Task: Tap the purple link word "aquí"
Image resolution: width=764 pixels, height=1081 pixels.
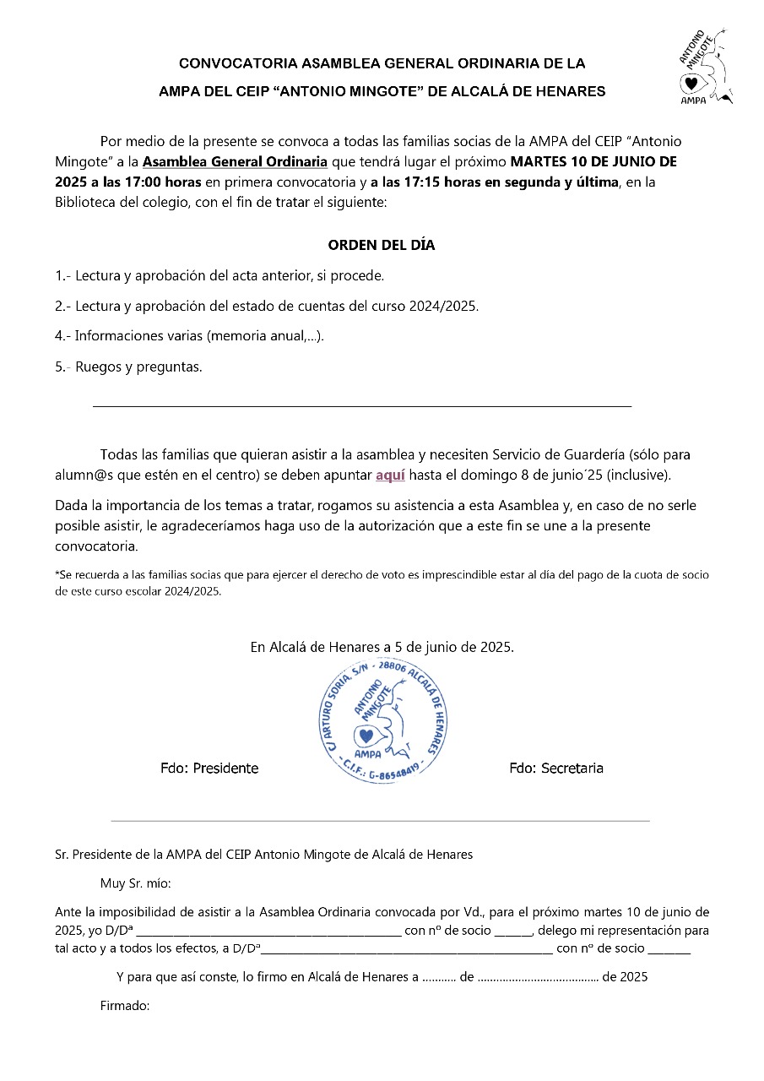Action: pyautogui.click(x=390, y=475)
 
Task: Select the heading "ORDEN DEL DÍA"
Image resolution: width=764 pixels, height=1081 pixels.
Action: pyautogui.click(x=382, y=246)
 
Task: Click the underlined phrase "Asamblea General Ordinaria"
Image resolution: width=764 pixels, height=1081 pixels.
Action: pyautogui.click(x=235, y=161)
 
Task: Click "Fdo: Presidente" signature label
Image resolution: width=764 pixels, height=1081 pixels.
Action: pyautogui.click(x=209, y=769)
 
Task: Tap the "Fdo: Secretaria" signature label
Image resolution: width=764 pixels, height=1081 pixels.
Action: pyautogui.click(x=556, y=768)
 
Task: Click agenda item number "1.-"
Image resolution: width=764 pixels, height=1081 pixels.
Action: pyautogui.click(x=63, y=276)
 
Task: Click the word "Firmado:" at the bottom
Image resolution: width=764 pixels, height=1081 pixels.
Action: pyautogui.click(x=125, y=1006)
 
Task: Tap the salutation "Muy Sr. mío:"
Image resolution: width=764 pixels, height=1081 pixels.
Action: pyautogui.click(x=135, y=883)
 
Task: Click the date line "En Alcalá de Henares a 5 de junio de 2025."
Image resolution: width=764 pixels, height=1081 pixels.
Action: pyautogui.click(x=382, y=647)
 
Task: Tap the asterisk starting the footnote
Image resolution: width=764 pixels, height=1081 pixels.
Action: pyautogui.click(x=57, y=573)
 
